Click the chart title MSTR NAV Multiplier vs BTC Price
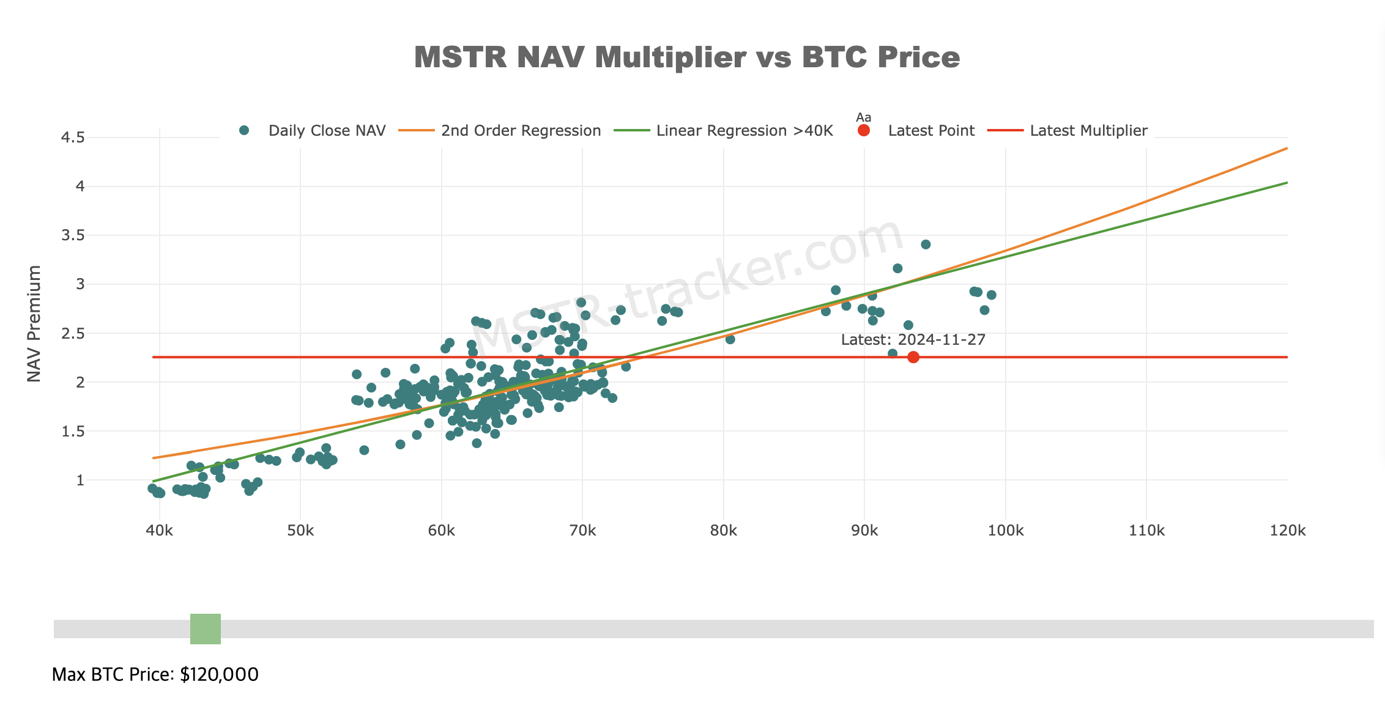[686, 57]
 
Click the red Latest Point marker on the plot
[913, 357]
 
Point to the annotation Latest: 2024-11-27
[913, 340]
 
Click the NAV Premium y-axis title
[34, 323]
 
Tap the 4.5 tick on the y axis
[73, 138]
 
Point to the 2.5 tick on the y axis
[73, 333]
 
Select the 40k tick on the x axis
[159, 531]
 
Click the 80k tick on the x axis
[723, 531]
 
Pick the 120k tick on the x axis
[1287, 531]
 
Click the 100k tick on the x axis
[1005, 531]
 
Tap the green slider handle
[206, 628]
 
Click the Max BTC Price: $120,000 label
[155, 674]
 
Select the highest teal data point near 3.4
[926, 245]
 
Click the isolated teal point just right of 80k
[730, 339]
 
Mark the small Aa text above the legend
[863, 117]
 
